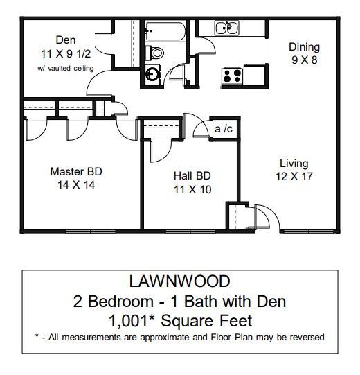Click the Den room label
click(x=66, y=40)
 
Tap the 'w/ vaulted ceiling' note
click(x=66, y=68)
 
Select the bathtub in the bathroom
click(x=165, y=31)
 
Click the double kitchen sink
click(x=226, y=28)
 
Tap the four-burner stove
click(x=231, y=74)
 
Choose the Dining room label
click(x=304, y=47)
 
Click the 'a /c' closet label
click(x=223, y=129)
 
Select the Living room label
click(x=294, y=164)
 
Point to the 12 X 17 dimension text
click(x=294, y=177)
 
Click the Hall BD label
click(x=192, y=175)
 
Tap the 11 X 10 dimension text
click(x=192, y=189)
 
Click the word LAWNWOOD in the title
click(x=179, y=282)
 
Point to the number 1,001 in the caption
click(x=126, y=321)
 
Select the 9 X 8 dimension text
click(x=304, y=60)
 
